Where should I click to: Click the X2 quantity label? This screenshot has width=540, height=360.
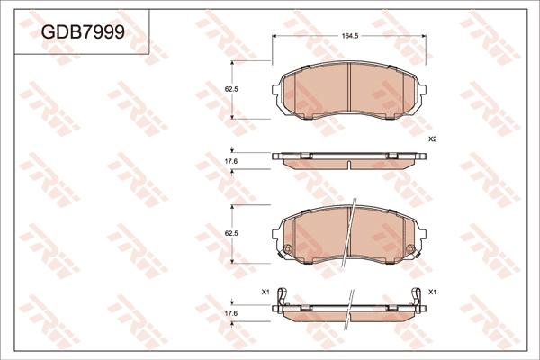(x=431, y=139)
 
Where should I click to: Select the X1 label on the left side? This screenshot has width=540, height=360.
(x=265, y=292)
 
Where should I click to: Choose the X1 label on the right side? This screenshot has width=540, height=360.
(x=432, y=292)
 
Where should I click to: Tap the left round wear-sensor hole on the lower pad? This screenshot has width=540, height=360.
(x=287, y=250)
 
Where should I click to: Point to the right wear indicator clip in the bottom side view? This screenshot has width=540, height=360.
(x=417, y=297)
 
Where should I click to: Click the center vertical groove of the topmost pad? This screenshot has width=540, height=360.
(x=349, y=90)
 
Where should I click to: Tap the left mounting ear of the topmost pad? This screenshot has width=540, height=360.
(x=275, y=90)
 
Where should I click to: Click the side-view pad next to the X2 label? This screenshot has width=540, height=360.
(x=349, y=159)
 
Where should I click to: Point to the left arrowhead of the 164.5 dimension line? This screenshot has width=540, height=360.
(x=275, y=36)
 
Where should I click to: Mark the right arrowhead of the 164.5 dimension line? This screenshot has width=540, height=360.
(x=423, y=36)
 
